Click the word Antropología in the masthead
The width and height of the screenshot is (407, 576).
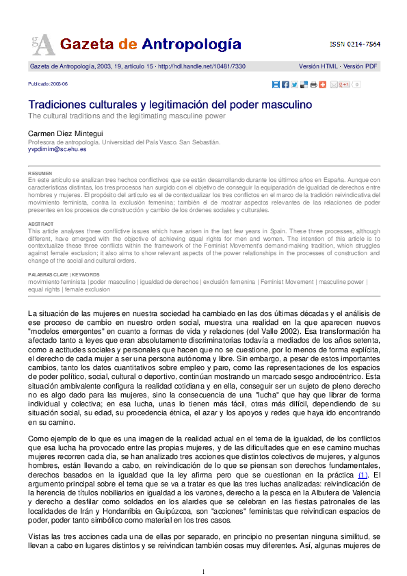pos(191,44)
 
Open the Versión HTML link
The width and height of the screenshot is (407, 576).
pos(319,66)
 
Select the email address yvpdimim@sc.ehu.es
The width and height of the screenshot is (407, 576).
pos(57,148)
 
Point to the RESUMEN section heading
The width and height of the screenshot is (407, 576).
pos(39,174)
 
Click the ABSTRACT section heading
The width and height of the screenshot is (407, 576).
pos(40,224)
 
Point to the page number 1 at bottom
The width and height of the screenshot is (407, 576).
pos(203,571)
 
